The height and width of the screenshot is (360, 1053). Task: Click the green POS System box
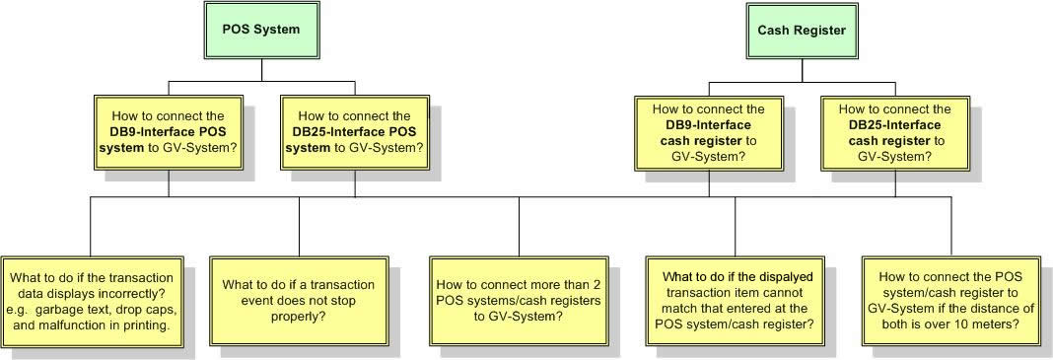tap(261, 30)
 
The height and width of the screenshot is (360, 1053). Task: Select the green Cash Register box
tap(801, 30)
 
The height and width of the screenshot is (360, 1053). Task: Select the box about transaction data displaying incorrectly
tap(91, 301)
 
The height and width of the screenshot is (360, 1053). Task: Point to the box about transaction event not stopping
tap(298, 301)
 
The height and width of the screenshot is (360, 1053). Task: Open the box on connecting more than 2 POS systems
tap(519, 301)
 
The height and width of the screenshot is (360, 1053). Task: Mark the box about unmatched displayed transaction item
tap(732, 301)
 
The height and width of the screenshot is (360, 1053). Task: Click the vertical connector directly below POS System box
tap(261, 68)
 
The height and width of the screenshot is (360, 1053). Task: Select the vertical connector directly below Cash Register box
tap(801, 68)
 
